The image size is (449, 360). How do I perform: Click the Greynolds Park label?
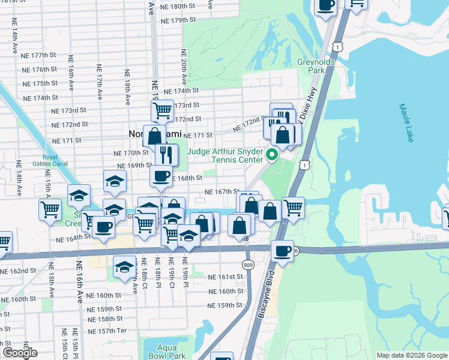tap(310, 66)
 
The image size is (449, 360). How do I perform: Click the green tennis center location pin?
tap(271, 155)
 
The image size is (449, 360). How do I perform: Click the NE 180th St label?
tap(173, 7)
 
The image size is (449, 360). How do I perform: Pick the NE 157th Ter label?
tap(107, 331)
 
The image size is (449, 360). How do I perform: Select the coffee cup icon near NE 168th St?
tap(161, 176)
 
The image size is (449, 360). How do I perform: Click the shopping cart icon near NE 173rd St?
tap(162, 110)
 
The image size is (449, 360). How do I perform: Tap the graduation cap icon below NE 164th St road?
tap(125, 265)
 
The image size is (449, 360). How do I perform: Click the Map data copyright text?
tap(411, 355)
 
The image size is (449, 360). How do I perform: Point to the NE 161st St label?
tap(226, 277)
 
